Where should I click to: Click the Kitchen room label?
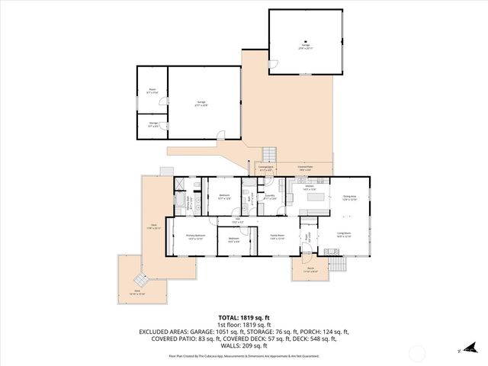coord(310,188)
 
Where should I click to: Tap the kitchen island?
coord(316,196)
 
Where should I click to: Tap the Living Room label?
coord(344,235)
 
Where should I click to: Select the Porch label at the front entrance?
coord(310,270)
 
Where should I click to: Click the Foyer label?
coord(308,237)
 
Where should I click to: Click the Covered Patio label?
coord(306,168)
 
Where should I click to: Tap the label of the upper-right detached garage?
coord(304,46)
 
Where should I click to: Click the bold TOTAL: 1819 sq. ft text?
coord(243,316)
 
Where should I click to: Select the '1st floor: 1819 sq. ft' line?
coord(243,324)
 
